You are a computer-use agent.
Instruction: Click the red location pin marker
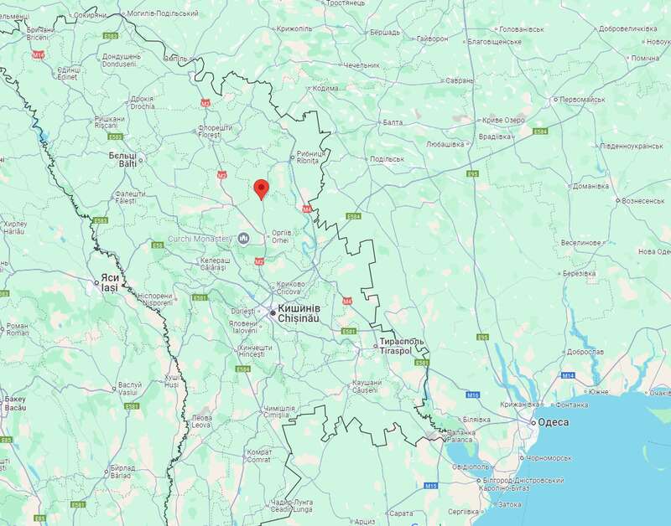[261, 188]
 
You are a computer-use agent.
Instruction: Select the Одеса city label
[554, 423]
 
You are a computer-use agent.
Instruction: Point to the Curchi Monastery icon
[243, 239]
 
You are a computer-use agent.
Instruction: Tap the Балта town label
[393, 122]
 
